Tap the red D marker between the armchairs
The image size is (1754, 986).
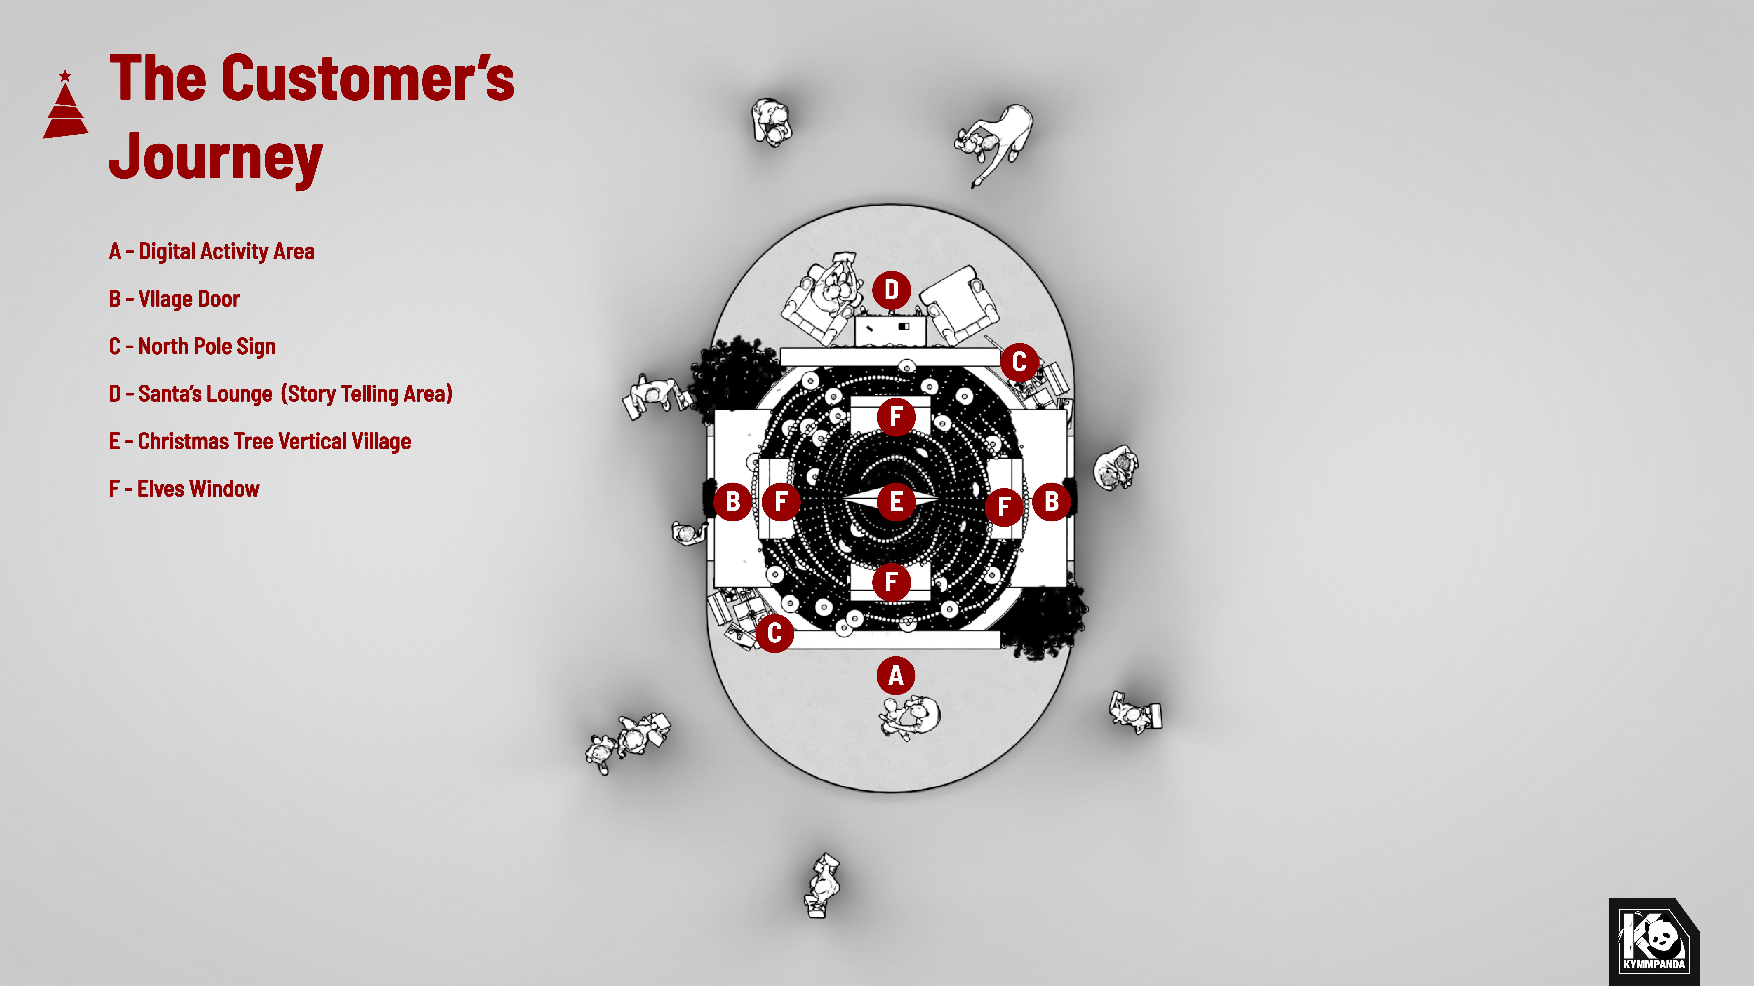[x=891, y=290]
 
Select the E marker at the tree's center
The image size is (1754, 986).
[x=896, y=502]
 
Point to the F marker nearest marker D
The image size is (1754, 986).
[x=895, y=417]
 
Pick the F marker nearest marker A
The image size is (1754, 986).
[x=891, y=582]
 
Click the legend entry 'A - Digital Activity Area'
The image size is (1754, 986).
[x=212, y=252]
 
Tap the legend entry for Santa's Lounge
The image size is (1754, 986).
[x=281, y=394]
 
